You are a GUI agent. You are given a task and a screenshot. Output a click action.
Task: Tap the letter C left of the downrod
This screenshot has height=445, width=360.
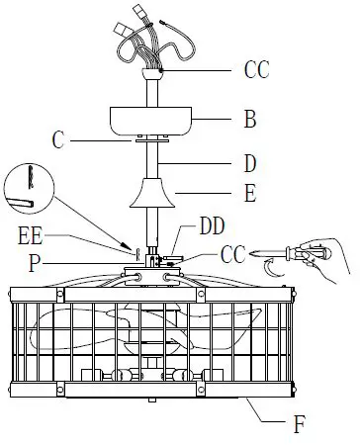coord(58,141)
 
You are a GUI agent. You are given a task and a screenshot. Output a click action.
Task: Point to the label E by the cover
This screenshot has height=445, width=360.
coord(249,195)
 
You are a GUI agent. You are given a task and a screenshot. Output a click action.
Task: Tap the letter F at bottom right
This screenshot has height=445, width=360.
coord(299,426)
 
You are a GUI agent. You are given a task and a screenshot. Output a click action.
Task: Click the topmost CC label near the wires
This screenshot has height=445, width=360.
coord(257,70)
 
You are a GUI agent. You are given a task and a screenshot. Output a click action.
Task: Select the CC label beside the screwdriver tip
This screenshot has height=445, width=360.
coord(233,256)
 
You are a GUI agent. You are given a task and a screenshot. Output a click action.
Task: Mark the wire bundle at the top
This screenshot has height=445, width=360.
coord(138,40)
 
